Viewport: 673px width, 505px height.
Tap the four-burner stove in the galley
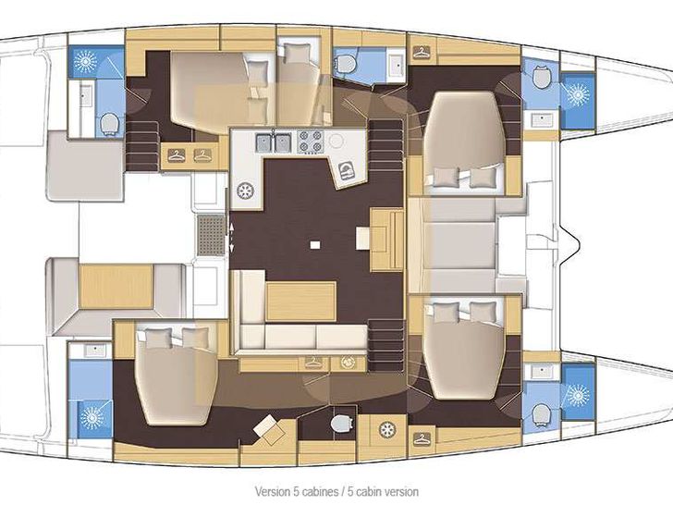point(311,142)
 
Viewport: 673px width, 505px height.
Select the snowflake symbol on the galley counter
point(245,191)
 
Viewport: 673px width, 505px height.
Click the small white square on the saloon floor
point(315,245)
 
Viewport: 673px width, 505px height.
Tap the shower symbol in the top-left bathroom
point(86,61)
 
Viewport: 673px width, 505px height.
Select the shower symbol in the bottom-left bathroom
point(92,417)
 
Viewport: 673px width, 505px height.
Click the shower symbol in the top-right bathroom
point(577,94)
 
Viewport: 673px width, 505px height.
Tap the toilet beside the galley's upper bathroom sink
point(346,64)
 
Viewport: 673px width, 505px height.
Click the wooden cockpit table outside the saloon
point(116,286)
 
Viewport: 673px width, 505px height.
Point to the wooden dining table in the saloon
point(300,302)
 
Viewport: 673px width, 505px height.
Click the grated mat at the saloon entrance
point(211,235)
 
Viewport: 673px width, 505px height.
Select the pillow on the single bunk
point(296,54)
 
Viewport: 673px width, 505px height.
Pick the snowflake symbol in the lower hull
point(387,429)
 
